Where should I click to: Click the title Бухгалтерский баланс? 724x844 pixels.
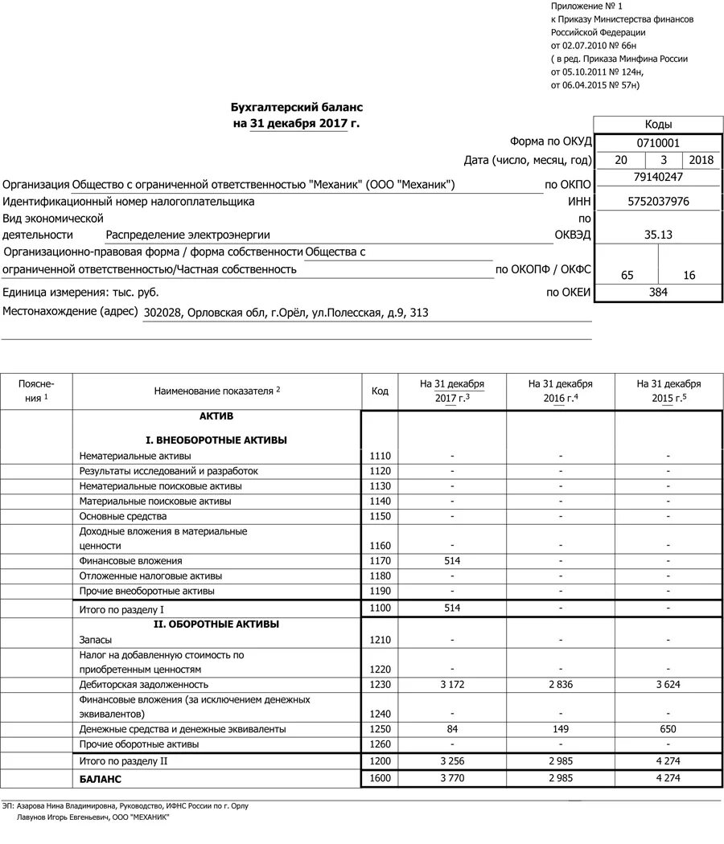click(297, 107)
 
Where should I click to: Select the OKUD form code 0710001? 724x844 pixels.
click(658, 142)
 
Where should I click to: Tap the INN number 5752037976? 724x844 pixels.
click(658, 202)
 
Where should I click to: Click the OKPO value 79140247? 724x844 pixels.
click(658, 177)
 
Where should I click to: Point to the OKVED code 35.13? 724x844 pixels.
click(658, 235)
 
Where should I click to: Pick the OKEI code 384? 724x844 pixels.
click(658, 293)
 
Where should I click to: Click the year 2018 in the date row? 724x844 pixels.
click(701, 160)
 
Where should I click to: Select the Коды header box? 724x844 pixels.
click(658, 125)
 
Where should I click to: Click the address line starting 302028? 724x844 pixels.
click(286, 313)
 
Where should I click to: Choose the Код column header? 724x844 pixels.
click(380, 391)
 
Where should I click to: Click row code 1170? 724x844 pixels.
click(380, 561)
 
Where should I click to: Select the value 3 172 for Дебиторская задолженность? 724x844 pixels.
click(452, 685)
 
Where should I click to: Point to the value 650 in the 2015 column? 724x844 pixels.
click(668, 729)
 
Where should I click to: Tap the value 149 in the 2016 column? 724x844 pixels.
click(560, 729)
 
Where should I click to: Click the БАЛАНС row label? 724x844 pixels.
click(101, 780)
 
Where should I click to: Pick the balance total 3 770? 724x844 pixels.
click(452, 779)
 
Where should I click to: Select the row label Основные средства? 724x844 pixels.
click(123, 516)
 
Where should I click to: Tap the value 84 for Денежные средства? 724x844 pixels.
click(452, 729)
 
